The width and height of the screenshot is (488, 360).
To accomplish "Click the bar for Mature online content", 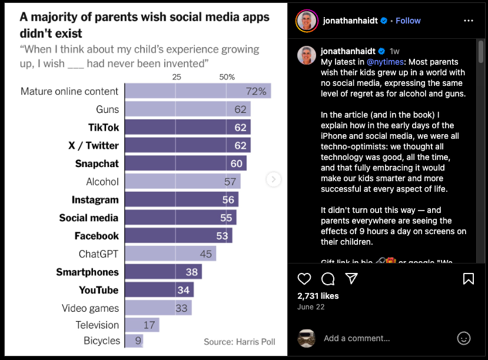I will point(197,91).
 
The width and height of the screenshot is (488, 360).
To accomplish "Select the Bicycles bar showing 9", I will point(134,341).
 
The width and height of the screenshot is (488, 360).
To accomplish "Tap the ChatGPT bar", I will point(170,254).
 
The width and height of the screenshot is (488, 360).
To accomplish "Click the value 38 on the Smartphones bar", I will point(192,272).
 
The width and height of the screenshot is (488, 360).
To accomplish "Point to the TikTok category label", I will point(104,128).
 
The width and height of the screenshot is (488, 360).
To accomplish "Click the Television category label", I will point(97,325).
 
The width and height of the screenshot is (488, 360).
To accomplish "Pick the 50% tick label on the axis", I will point(227,77).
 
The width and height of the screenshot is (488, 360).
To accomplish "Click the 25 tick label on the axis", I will point(177,77).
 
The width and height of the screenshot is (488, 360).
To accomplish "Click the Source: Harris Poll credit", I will point(240,341).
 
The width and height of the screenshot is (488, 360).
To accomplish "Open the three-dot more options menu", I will point(469,21).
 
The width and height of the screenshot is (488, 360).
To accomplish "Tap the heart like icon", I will point(304,279).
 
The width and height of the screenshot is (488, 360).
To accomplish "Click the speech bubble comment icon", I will point(328,279).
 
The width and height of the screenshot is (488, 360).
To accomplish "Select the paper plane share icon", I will point(351,279).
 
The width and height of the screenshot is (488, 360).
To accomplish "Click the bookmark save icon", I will point(469,279).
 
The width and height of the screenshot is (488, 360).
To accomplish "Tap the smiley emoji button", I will point(464,338).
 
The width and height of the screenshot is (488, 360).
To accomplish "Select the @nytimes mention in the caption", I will point(384,62).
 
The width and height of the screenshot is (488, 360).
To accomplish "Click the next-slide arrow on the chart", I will point(274,179).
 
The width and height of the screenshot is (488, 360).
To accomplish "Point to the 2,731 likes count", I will point(318,296).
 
